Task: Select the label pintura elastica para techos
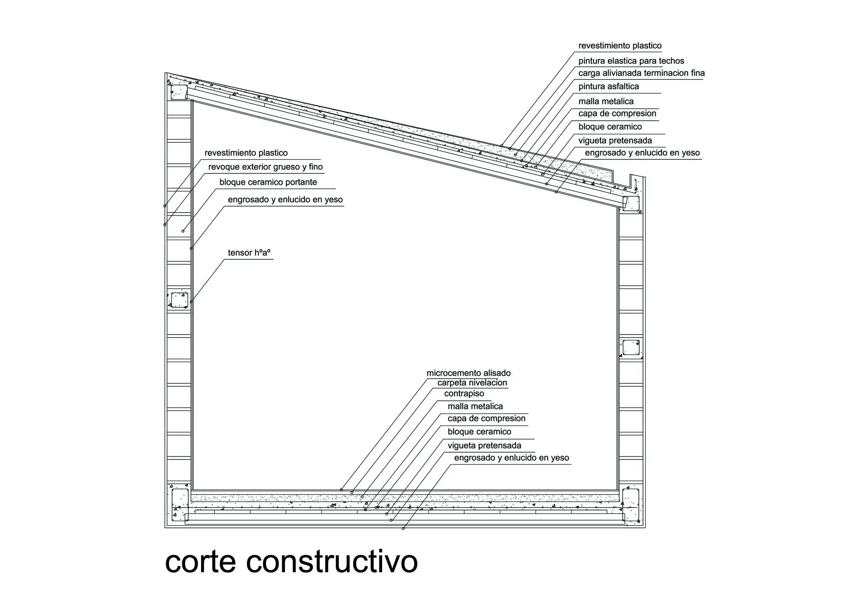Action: (631, 61)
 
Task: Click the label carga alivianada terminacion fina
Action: (641, 73)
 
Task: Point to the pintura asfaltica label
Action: (609, 86)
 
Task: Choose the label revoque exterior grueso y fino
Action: (266, 167)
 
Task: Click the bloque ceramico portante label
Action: (268, 182)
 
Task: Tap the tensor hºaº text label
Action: (249, 252)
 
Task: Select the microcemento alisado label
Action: (468, 373)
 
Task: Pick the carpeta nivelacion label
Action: (472, 383)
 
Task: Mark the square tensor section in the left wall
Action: (179, 300)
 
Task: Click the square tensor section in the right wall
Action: (631, 348)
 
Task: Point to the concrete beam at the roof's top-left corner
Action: (179, 92)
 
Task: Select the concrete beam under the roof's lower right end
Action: (632, 204)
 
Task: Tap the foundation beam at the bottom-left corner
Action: (180, 505)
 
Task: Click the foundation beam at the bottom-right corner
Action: (631, 505)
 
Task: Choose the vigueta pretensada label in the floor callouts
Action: (484, 445)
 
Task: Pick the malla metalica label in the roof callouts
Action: (606, 101)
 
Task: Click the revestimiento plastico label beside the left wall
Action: (246, 153)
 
